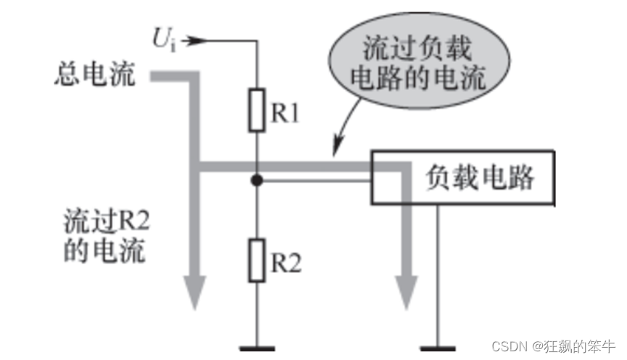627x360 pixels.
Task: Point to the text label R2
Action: tap(286, 264)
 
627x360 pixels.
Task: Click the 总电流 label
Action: tap(95, 75)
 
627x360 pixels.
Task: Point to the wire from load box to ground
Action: tap(438, 275)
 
